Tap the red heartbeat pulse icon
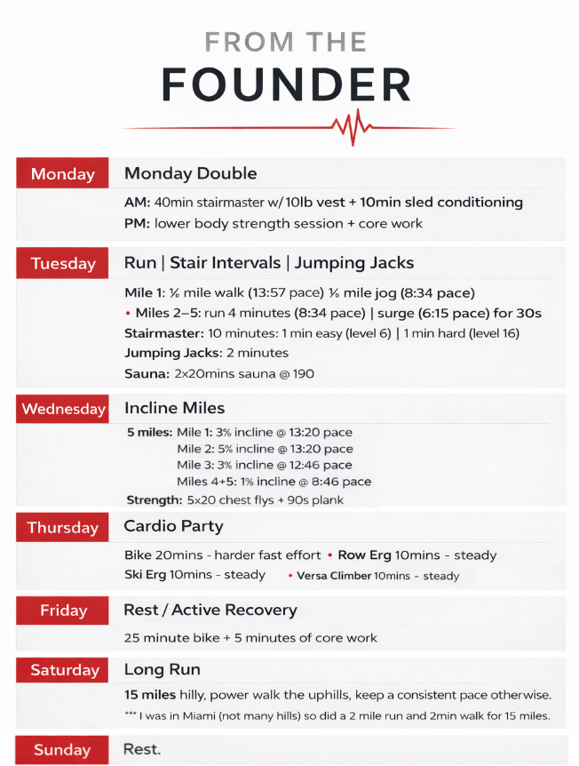tap(350, 128)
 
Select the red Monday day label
tap(62, 174)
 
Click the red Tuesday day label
tap(62, 264)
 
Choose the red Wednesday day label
tap(63, 409)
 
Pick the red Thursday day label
tap(62, 528)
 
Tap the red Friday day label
tap(63, 610)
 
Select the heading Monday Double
tap(190, 173)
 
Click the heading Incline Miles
tap(174, 408)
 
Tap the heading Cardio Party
tap(173, 527)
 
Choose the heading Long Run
tap(162, 669)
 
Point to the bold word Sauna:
tap(144, 374)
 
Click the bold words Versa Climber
tap(334, 576)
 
